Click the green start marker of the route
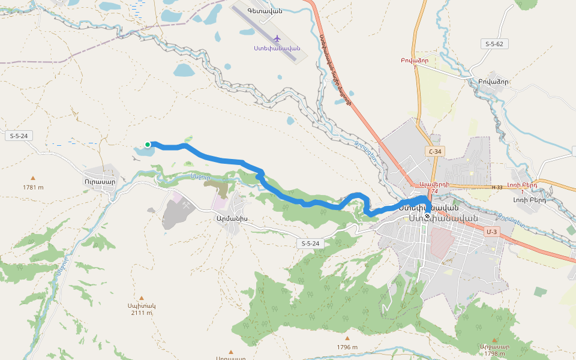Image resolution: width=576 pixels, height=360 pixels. (x=148, y=144)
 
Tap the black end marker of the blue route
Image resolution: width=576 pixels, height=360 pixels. (x=427, y=216)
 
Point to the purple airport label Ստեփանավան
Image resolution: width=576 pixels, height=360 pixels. (x=277, y=48)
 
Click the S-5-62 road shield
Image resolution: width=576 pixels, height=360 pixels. (x=495, y=44)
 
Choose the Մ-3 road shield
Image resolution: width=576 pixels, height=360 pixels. (x=492, y=232)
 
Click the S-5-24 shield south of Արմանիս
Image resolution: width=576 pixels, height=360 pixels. (x=310, y=243)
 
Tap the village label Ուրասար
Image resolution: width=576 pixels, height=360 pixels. (x=100, y=180)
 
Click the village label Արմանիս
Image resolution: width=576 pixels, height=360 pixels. (x=232, y=219)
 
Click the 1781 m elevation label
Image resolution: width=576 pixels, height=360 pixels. (x=33, y=187)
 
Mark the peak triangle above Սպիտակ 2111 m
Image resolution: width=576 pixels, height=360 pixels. (x=142, y=298)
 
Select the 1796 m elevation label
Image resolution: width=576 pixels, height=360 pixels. (x=347, y=347)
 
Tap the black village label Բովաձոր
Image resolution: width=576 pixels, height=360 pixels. (x=493, y=82)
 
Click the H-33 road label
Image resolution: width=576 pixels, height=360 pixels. (x=497, y=187)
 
